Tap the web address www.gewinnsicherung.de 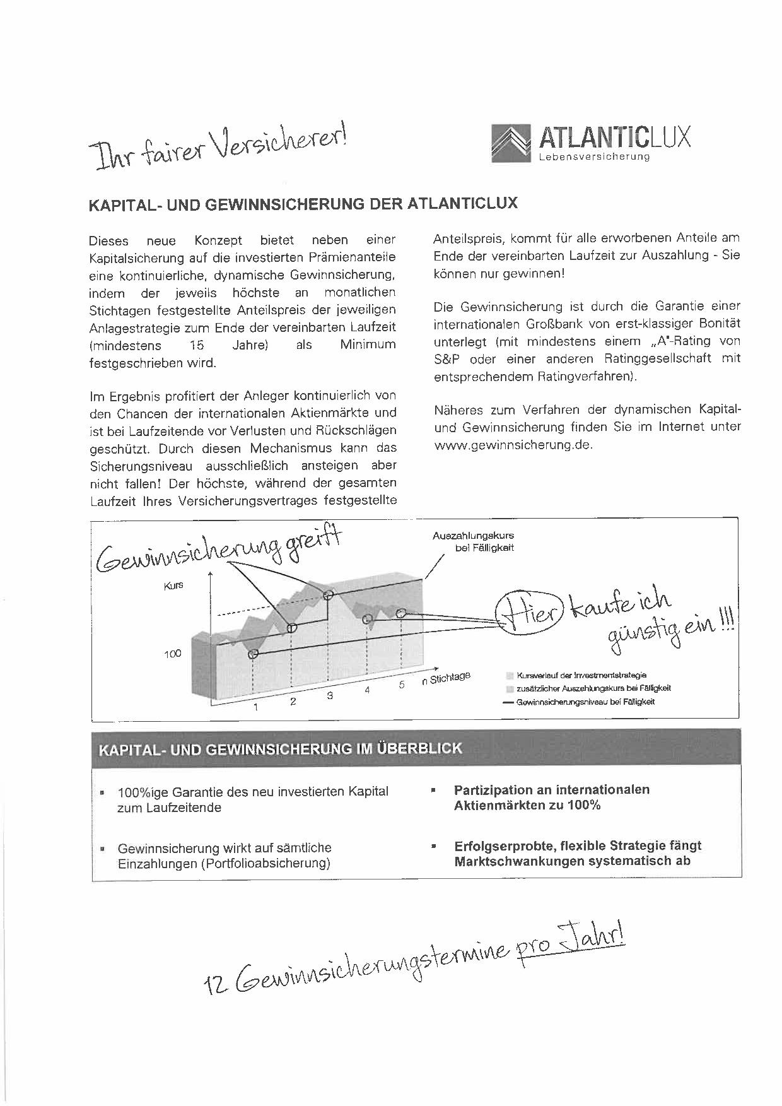[x=513, y=444]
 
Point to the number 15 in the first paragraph [x=197, y=345]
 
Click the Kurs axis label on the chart [x=173, y=585]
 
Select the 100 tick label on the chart [x=172, y=654]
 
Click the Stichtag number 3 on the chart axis [x=329, y=696]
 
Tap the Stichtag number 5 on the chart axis [x=401, y=685]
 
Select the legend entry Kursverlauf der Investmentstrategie [x=581, y=675]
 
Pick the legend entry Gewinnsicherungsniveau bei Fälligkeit [x=585, y=702]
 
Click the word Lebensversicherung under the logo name [x=594, y=156]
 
